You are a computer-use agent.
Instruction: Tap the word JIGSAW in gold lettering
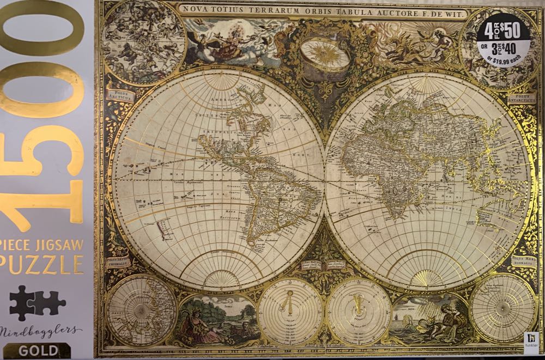pos(61,245)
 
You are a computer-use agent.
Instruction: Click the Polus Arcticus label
pos(120,96)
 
